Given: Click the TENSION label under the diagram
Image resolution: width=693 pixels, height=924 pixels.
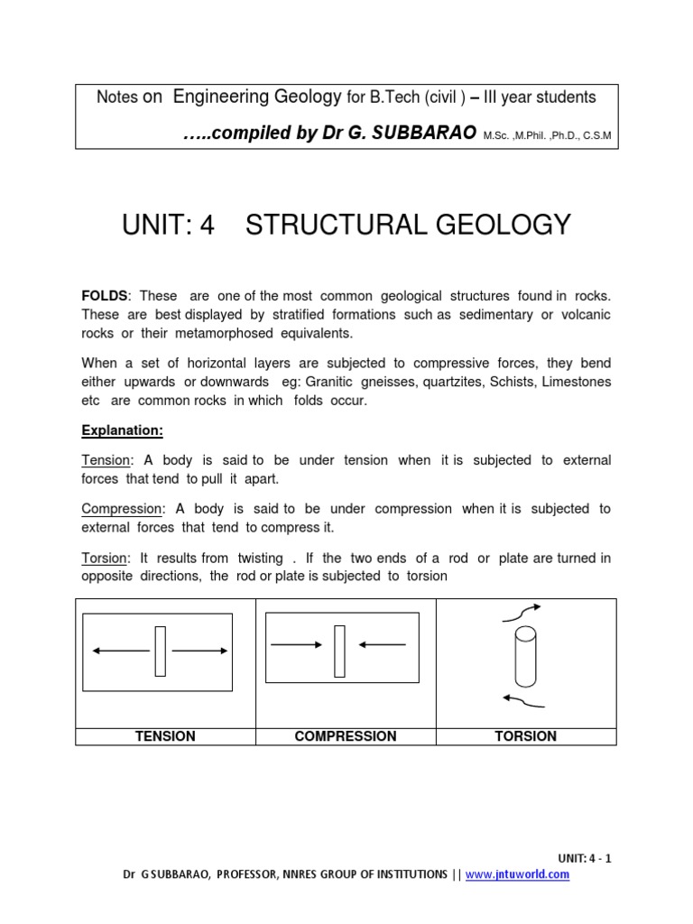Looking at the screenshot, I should click(165, 736).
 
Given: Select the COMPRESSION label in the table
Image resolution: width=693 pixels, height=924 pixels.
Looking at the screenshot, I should click(346, 736).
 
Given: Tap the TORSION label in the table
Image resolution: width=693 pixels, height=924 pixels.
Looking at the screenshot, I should click(526, 736).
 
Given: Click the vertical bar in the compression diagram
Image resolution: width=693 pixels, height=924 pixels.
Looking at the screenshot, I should click(340, 651).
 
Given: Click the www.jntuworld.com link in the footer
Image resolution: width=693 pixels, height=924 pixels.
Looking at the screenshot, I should click(531, 874).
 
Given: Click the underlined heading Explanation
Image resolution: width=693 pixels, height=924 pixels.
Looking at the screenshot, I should click(122, 430).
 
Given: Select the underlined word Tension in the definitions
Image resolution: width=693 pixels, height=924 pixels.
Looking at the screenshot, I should click(106, 460).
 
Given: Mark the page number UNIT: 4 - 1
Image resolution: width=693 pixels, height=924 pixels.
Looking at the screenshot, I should click(585, 858).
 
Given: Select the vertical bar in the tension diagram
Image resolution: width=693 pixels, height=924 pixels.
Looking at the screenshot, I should click(160, 651).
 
